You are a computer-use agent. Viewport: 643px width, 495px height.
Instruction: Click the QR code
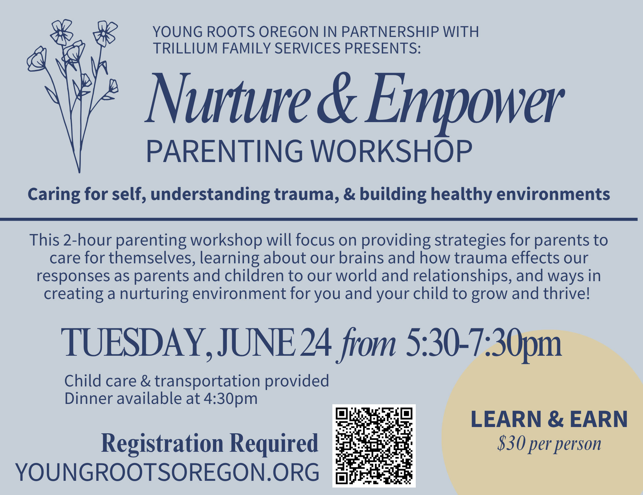pyautogui.click(x=374, y=446)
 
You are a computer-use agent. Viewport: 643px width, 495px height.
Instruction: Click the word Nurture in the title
pyautogui.click(x=228, y=99)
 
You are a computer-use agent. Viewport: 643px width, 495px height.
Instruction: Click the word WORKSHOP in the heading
pyautogui.click(x=392, y=151)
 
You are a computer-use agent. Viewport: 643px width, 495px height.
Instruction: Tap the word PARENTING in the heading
pyautogui.click(x=224, y=151)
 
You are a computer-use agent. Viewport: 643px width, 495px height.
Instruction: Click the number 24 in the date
pyautogui.click(x=316, y=343)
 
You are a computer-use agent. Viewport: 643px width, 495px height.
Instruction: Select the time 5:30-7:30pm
pyautogui.click(x=483, y=345)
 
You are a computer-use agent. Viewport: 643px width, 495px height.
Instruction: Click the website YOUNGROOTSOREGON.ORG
pyautogui.click(x=167, y=472)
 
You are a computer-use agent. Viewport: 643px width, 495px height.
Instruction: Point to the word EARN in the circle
pyautogui.click(x=598, y=419)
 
